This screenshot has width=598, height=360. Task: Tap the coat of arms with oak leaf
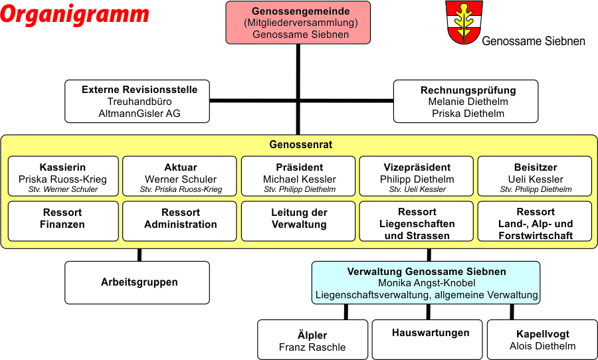click(x=464, y=22)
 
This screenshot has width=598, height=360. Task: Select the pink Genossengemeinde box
click(x=298, y=23)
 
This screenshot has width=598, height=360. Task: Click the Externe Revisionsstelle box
click(x=138, y=101)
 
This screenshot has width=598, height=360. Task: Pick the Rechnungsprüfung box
click(x=466, y=101)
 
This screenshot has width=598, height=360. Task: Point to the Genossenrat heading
click(x=300, y=145)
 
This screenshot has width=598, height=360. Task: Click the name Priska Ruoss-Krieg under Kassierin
click(x=62, y=179)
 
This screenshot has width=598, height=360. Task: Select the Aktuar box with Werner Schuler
click(x=179, y=176)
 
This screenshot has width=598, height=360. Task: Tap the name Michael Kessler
click(x=300, y=179)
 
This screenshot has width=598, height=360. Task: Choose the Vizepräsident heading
click(x=417, y=167)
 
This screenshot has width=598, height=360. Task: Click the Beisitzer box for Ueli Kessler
click(x=535, y=176)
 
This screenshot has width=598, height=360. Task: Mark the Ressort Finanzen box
click(x=63, y=221)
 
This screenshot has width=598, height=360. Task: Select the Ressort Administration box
click(x=179, y=221)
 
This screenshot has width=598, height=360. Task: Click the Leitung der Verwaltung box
click(x=298, y=221)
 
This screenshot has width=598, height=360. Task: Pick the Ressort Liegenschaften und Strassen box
click(x=417, y=221)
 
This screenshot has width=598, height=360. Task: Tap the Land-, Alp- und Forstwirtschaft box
click(x=535, y=221)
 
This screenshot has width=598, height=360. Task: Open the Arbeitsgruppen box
click(x=138, y=282)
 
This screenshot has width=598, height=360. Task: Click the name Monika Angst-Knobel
click(x=427, y=283)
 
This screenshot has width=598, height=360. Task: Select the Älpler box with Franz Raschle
click(x=313, y=340)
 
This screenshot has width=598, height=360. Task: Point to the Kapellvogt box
click(x=542, y=340)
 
